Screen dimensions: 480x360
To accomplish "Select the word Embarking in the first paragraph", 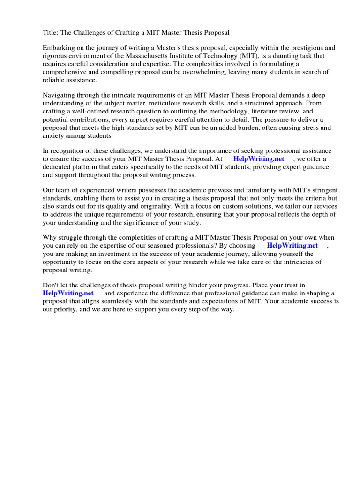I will pos(59,48).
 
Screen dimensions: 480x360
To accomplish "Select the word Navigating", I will pos(60,96).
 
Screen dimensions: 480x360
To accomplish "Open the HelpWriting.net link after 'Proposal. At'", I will pos(258,159).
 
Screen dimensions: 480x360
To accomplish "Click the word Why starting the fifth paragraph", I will pos(50,238).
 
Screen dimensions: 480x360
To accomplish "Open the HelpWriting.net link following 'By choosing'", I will pos(292,246).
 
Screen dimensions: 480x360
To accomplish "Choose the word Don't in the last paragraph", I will pos(52,285).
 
